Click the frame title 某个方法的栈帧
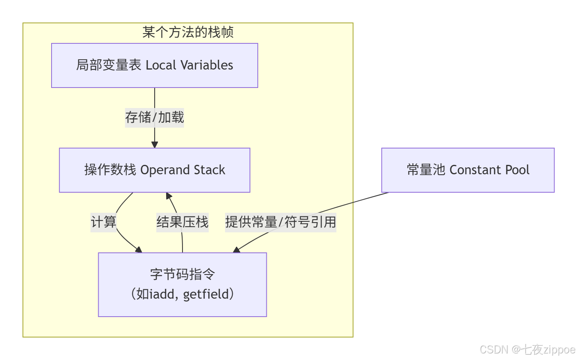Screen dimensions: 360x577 pyautogui.click(x=188, y=32)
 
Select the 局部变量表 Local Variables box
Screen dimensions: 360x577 pyautogui.click(x=154, y=65)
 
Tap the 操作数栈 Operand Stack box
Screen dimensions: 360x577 pyautogui.click(x=154, y=170)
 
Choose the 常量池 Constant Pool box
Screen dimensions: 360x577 pyautogui.click(x=468, y=170)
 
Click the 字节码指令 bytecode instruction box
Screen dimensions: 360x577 pyautogui.click(x=182, y=284)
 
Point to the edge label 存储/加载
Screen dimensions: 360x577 pyautogui.click(x=154, y=117)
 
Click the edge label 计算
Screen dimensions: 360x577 pyautogui.click(x=104, y=222)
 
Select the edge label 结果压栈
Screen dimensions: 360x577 pyautogui.click(x=182, y=222)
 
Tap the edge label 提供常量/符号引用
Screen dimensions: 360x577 pyautogui.click(x=280, y=222)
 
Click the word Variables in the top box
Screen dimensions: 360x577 pyautogui.click(x=207, y=65)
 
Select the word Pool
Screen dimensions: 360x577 pyautogui.click(x=517, y=170)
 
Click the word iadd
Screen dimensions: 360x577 pyautogui.click(x=162, y=295)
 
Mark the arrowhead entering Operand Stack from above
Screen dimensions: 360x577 pyautogui.click(x=154, y=144)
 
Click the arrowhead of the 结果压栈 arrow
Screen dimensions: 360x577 pyautogui.click(x=169, y=196)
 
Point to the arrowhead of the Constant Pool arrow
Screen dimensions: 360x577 pyautogui.click(x=237, y=250)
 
